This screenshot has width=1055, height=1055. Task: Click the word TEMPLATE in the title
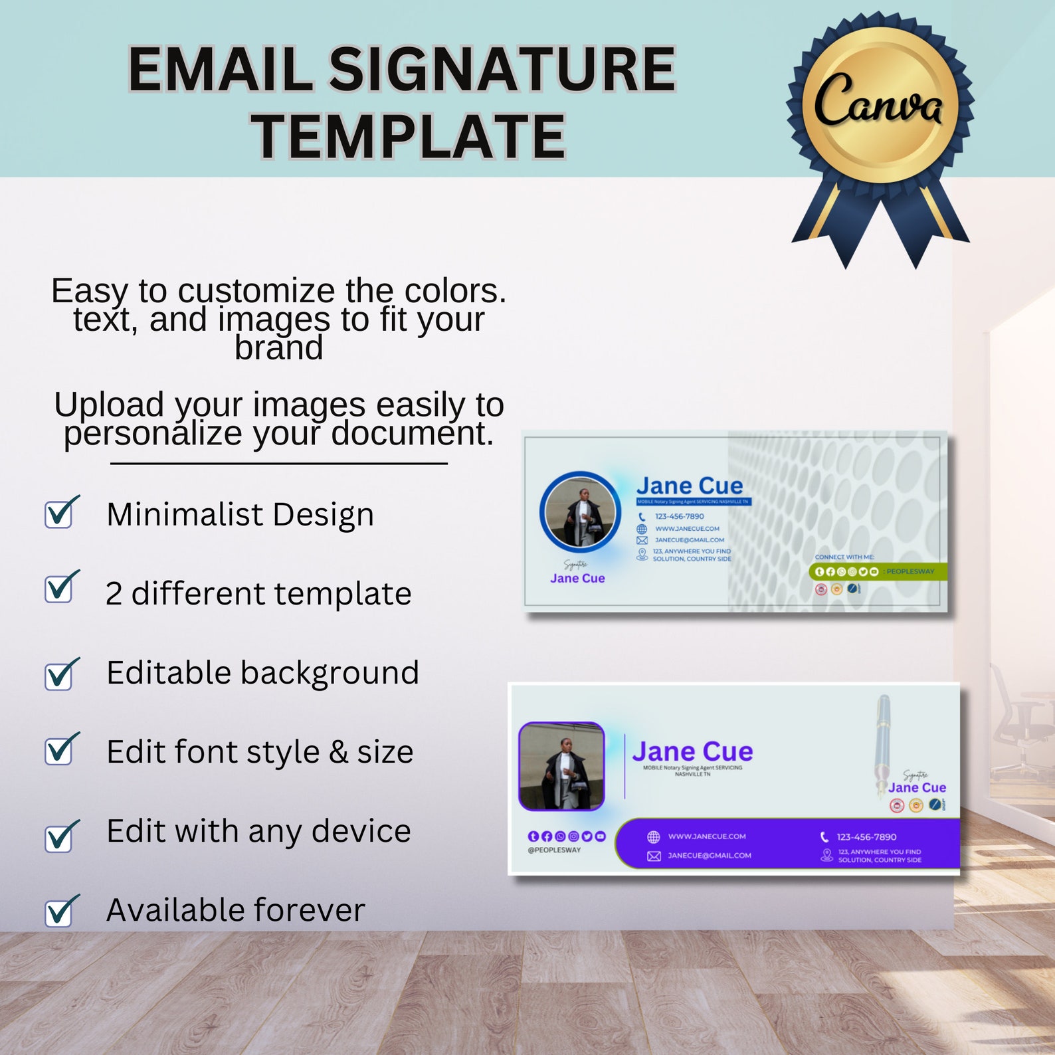coord(408,137)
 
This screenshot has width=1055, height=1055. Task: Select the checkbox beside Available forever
coord(59,912)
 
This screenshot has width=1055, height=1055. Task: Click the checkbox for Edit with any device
coord(59,837)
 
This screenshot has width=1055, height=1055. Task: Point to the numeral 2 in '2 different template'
coord(114,594)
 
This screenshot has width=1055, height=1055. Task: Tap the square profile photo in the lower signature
coord(561,766)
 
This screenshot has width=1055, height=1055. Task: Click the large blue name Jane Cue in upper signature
coord(689,486)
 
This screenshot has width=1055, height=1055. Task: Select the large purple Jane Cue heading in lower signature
coord(692,751)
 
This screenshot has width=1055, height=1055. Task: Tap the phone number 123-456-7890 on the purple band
coord(866,837)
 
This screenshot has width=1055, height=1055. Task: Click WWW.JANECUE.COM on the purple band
coord(707,836)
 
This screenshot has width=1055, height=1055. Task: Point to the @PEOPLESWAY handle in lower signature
coord(554,850)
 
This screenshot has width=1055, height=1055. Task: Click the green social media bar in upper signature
coord(877,571)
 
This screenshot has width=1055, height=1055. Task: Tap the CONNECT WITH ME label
coord(844,557)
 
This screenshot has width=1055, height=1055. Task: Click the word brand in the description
coord(279,348)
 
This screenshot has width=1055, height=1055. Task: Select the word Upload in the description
coord(109,405)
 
